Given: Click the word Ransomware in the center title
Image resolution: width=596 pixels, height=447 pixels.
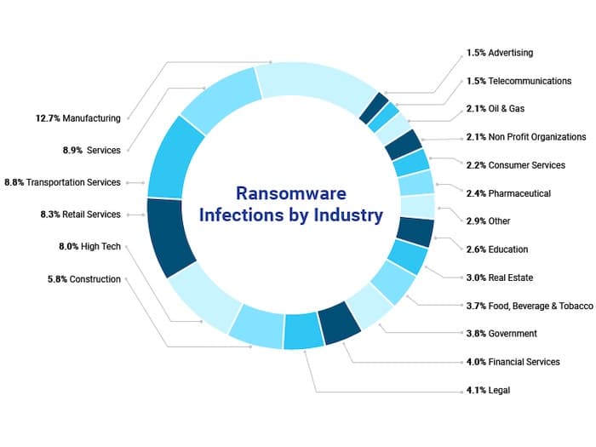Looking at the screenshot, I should pyautogui.click(x=291, y=192).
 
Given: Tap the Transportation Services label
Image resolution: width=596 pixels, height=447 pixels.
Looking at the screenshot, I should pyautogui.click(x=73, y=182).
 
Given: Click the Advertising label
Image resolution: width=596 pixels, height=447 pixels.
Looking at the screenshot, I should pyautogui.click(x=510, y=53).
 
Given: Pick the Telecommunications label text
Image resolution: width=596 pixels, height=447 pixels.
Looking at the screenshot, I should pyautogui.click(x=530, y=81).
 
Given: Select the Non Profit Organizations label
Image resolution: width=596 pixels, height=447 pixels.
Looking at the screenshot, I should pyautogui.click(x=537, y=137).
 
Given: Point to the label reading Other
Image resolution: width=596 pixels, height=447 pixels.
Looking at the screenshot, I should pyautogui.click(x=500, y=221).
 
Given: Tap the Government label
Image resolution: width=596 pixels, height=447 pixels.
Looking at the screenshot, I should pyautogui.click(x=513, y=334).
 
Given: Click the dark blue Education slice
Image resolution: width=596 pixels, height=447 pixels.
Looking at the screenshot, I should pyautogui.click(x=415, y=231).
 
